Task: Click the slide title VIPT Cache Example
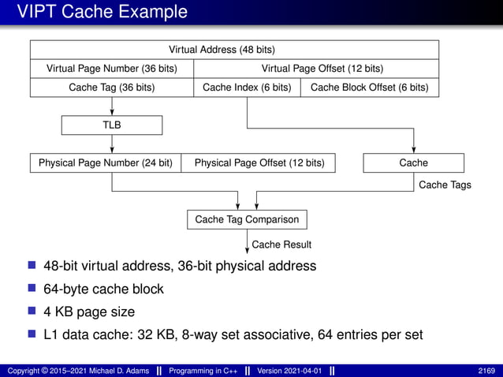[102, 13]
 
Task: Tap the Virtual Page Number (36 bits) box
[111, 69]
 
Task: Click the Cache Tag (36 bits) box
[111, 88]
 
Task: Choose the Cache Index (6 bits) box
[247, 88]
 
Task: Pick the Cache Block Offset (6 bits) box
[369, 88]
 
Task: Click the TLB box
[111, 125]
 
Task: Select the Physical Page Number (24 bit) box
[106, 163]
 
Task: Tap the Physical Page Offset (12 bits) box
[259, 163]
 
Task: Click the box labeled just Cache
[413, 163]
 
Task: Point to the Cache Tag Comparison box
[246, 219]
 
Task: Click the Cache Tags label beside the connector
[445, 185]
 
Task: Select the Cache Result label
[281, 244]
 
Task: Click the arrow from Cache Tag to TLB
[112, 106]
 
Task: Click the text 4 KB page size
[89, 312]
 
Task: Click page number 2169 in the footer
[486, 370]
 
